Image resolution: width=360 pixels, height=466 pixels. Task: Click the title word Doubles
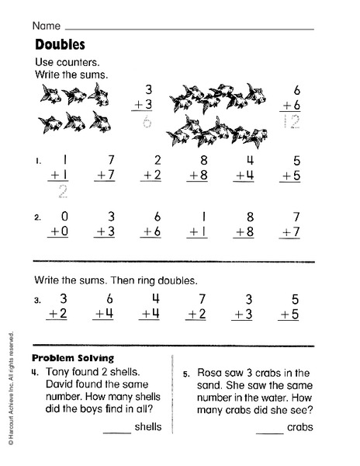pyautogui.click(x=60, y=44)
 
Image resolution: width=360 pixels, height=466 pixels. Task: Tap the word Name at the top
pyautogui.click(x=47, y=25)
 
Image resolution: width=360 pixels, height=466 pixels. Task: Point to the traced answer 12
pyautogui.click(x=291, y=120)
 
